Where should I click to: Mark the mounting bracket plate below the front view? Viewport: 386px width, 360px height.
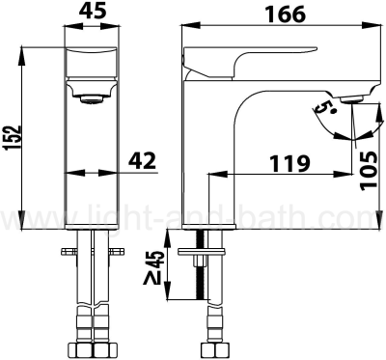pos(91,256)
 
